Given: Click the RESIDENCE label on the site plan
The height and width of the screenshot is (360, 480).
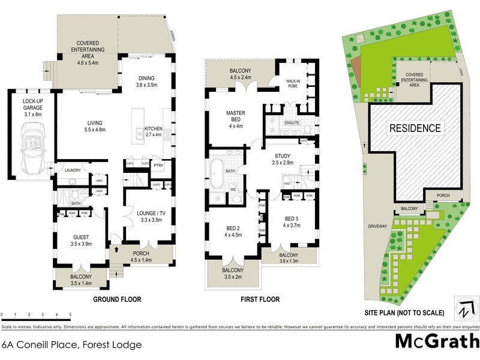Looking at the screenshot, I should tap(415, 128).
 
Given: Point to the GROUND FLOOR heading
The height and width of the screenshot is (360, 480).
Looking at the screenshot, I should tap(117, 298).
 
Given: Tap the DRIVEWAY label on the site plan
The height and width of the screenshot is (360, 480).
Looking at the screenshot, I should tap(378, 226).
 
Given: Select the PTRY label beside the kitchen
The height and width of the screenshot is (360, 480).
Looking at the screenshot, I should tap(159, 165).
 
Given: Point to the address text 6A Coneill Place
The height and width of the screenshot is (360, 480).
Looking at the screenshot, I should tap(72, 344).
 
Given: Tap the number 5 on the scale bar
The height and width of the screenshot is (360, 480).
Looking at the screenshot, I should tap(70, 314).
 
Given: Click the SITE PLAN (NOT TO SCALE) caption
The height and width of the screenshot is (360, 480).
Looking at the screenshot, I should tap(404, 313).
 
